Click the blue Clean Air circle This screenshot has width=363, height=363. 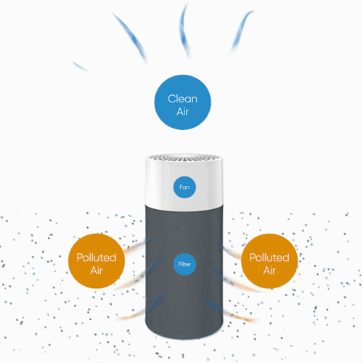(183, 102)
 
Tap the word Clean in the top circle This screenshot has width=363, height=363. (183, 99)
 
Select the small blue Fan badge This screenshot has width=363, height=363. (184, 187)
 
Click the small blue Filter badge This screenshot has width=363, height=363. (184, 264)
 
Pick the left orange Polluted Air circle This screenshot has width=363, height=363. (97, 261)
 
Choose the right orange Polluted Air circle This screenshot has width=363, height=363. (269, 261)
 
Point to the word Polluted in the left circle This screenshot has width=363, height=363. (97, 258)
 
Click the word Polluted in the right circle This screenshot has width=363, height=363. (269, 258)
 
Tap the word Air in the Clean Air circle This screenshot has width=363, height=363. (183, 112)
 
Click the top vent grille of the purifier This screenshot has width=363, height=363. (184, 158)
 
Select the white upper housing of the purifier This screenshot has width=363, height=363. (184, 184)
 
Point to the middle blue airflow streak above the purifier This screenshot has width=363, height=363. (184, 31)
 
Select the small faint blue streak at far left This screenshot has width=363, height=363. (81, 67)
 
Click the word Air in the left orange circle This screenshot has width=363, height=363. (97, 271)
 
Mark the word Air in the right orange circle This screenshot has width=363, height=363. (269, 271)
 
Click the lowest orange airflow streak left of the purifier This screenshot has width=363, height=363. (132, 314)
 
